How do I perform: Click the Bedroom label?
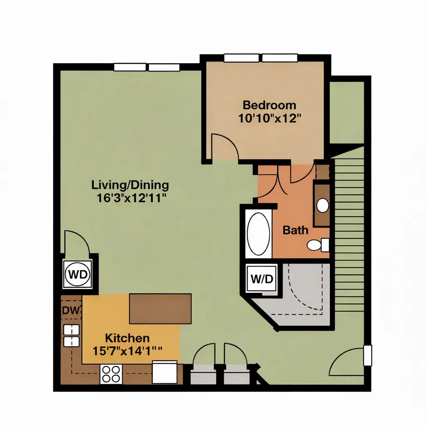(269, 105)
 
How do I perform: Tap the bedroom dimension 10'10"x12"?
(270, 119)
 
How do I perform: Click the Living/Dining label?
(130, 185)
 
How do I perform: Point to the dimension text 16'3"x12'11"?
(131, 198)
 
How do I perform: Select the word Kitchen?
(127, 338)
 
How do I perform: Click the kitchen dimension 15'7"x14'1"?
(127, 351)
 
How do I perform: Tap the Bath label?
(295, 230)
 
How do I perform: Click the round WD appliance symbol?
(78, 274)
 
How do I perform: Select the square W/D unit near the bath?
(262, 278)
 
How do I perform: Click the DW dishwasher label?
(71, 310)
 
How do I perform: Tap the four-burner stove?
(111, 374)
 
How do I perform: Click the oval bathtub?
(258, 234)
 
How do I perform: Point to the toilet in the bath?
(318, 245)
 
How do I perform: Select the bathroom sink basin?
(323, 206)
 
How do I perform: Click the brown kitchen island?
(160, 309)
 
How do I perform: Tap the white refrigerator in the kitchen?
(165, 372)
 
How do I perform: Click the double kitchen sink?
(72, 336)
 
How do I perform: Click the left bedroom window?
(241, 58)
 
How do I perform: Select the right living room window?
(164, 67)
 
